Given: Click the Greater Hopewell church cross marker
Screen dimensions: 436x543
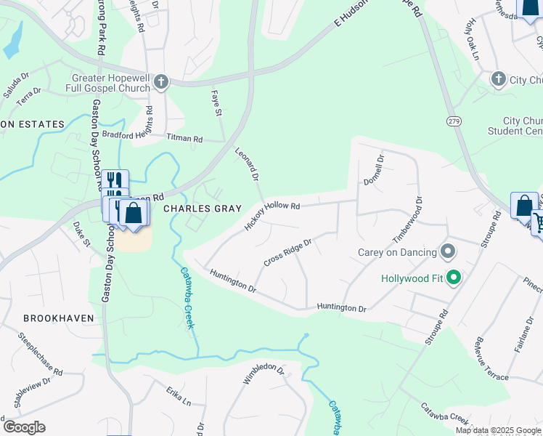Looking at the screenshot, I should point(161,81).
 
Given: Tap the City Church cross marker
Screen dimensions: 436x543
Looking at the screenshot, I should point(498,78).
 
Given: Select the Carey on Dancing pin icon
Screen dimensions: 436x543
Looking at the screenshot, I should point(448,252).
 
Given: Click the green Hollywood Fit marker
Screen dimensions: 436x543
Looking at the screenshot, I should point(454,278).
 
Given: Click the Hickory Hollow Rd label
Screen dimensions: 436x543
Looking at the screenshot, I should point(272,216).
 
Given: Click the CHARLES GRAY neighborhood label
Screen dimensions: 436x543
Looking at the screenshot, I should point(202,209).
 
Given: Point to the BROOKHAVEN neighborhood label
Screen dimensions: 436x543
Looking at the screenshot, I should point(55,318).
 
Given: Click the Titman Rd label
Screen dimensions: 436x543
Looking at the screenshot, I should point(184,137).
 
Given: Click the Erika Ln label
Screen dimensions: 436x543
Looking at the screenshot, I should point(178,400).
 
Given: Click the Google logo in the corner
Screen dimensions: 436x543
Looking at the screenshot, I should point(23,427).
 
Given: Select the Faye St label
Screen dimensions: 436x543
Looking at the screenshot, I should point(216,105).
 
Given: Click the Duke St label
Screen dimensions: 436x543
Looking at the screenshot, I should point(81,237).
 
